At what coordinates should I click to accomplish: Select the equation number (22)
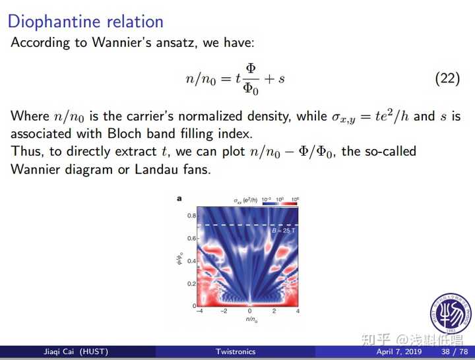click(x=447, y=78)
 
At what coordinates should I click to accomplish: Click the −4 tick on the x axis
click(x=200, y=311)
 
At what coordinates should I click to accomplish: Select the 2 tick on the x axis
click(x=274, y=311)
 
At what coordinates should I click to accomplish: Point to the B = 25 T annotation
click(x=284, y=231)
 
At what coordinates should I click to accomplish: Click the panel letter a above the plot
click(x=179, y=198)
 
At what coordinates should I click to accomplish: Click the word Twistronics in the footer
click(x=236, y=352)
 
